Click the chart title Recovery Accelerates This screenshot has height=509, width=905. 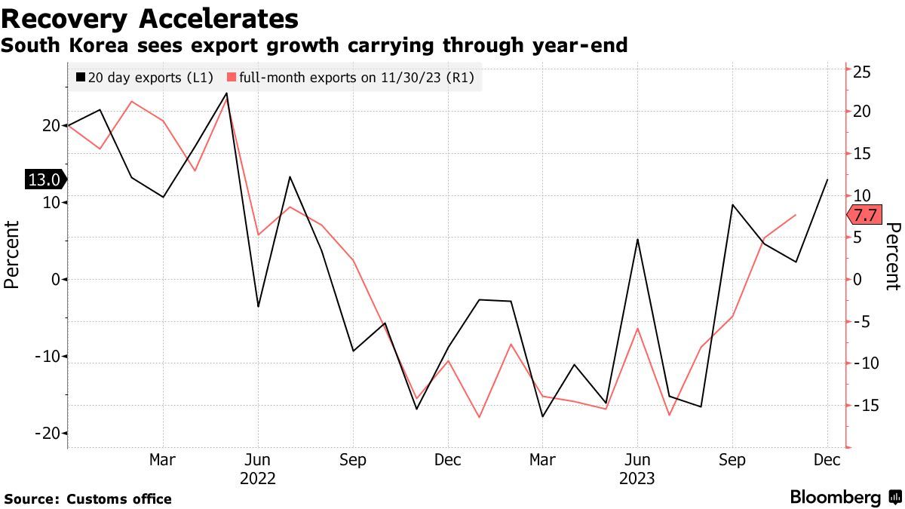click(149, 17)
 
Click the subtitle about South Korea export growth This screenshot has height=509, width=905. click(314, 46)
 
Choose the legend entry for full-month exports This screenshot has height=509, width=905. click(351, 78)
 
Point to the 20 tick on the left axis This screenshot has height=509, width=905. click(51, 125)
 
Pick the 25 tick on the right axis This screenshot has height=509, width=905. click(862, 72)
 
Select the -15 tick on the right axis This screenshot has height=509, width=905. click(864, 406)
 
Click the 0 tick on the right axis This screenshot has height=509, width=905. click(857, 279)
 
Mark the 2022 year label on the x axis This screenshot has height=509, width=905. click(258, 478)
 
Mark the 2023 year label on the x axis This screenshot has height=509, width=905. click(638, 478)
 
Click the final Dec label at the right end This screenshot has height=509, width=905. click(827, 459)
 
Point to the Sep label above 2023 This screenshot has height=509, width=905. click(732, 459)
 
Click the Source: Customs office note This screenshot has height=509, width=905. click(88, 498)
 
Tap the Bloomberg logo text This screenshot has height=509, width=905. click(836, 497)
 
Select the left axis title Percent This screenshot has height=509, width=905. click(11, 255)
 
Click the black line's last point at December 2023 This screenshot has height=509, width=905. click(827, 180)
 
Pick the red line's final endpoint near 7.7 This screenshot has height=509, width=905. click(796, 215)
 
